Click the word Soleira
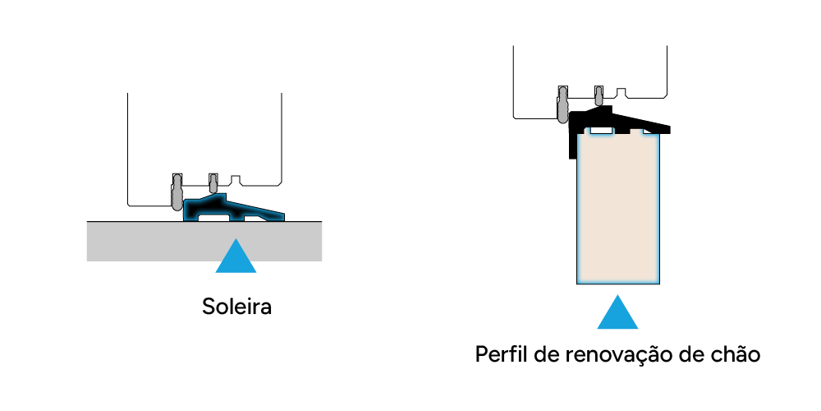(x=236, y=308)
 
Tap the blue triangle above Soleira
(x=236, y=256)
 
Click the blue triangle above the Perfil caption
(x=617, y=313)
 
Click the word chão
(x=736, y=355)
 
